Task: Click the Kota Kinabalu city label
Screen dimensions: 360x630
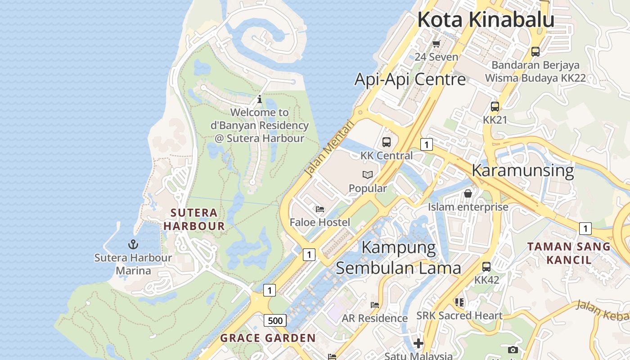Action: (x=486, y=20)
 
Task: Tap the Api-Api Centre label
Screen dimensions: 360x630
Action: (x=410, y=79)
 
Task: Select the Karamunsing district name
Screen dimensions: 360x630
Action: (x=522, y=171)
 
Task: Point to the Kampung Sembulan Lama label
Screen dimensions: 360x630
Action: (x=398, y=257)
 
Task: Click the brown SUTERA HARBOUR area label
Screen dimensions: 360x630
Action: (x=194, y=219)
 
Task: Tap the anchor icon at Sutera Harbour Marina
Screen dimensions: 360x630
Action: (x=133, y=244)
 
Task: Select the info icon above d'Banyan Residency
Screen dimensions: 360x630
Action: (x=259, y=99)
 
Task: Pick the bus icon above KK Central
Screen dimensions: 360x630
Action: (x=386, y=142)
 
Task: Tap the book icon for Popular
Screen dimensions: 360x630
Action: (x=368, y=175)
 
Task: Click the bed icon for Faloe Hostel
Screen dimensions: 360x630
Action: (x=319, y=209)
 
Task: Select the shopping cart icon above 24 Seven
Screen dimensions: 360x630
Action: (x=436, y=44)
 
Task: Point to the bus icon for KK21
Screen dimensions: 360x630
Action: (x=495, y=107)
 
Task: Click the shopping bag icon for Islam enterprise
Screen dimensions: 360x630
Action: (x=468, y=193)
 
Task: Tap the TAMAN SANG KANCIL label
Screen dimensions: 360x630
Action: (x=569, y=253)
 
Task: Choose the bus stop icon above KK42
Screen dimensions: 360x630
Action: (x=486, y=266)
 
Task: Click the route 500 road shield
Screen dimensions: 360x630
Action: (x=275, y=320)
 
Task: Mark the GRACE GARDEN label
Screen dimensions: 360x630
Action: (x=268, y=338)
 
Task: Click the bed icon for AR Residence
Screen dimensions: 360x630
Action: (x=374, y=305)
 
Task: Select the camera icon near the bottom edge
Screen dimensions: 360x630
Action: (x=513, y=350)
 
